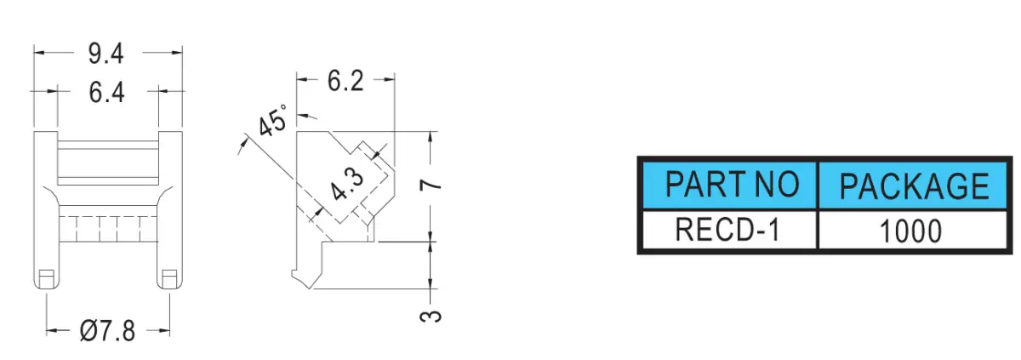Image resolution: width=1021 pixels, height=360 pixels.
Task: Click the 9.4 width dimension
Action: [106, 54]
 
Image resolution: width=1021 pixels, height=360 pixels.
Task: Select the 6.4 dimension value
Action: [106, 93]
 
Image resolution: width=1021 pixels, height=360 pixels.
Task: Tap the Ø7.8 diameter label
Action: [107, 331]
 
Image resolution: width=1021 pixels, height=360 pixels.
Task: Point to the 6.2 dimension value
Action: [345, 81]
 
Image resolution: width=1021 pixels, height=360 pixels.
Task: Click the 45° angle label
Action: [273, 120]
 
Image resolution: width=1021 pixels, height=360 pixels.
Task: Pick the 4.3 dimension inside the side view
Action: [347, 185]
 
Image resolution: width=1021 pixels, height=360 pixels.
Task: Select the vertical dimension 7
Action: [431, 185]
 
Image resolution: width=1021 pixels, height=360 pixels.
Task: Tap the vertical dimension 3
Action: [431, 317]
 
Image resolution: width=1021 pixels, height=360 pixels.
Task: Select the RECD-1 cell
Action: [729, 230]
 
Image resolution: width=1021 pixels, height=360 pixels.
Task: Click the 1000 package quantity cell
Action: [913, 230]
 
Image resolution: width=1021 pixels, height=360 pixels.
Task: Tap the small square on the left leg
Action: [46, 279]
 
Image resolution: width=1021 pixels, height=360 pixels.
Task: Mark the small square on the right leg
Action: [169, 279]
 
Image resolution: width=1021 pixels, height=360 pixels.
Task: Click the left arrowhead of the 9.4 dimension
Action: [39, 53]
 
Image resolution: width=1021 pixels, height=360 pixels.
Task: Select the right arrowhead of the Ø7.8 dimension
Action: [164, 331]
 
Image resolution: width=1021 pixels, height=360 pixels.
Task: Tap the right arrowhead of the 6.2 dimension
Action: [390, 79]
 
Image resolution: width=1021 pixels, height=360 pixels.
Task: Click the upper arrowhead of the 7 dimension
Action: [431, 137]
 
